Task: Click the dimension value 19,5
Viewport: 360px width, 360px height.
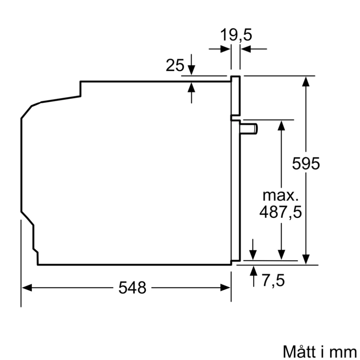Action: click(x=236, y=35)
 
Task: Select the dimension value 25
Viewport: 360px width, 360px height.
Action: click(x=175, y=66)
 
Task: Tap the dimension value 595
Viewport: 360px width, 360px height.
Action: click(x=306, y=164)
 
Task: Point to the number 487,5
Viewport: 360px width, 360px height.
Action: click(x=280, y=212)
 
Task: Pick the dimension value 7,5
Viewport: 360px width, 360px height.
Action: click(x=273, y=280)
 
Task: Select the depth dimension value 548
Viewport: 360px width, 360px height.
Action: click(x=132, y=287)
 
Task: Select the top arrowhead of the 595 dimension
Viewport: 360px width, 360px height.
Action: click(x=306, y=81)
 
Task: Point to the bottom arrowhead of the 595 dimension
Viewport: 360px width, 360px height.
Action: click(x=306, y=259)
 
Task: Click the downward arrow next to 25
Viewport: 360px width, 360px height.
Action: click(x=192, y=68)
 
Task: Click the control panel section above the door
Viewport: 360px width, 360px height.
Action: click(x=235, y=95)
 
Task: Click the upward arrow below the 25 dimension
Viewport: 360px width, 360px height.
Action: click(x=192, y=89)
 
